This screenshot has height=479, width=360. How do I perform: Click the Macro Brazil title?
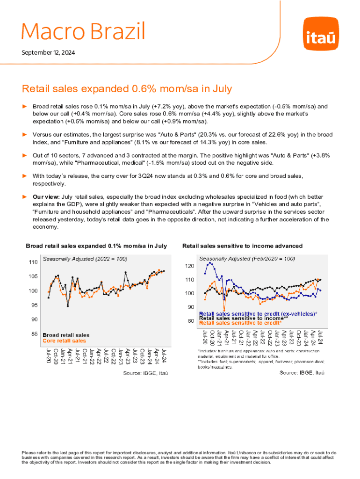point(83,31)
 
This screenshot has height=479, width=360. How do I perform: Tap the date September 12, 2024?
point(48,52)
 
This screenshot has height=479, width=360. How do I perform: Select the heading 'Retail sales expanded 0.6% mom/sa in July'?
point(127,88)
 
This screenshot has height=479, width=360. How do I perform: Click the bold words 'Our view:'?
point(45,197)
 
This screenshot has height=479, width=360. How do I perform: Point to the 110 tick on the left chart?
point(33,262)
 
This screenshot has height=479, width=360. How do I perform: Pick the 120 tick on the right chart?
point(189,266)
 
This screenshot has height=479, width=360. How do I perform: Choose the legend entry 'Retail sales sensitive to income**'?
point(243,318)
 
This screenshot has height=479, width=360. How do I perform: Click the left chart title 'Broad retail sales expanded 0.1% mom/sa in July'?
point(96,246)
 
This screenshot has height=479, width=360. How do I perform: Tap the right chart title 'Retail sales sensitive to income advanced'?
point(242,246)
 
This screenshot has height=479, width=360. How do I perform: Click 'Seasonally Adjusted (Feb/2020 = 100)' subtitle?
point(247,258)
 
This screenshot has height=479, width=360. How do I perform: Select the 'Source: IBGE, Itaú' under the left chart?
point(145,373)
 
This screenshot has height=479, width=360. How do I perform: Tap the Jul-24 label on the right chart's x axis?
point(321,338)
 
